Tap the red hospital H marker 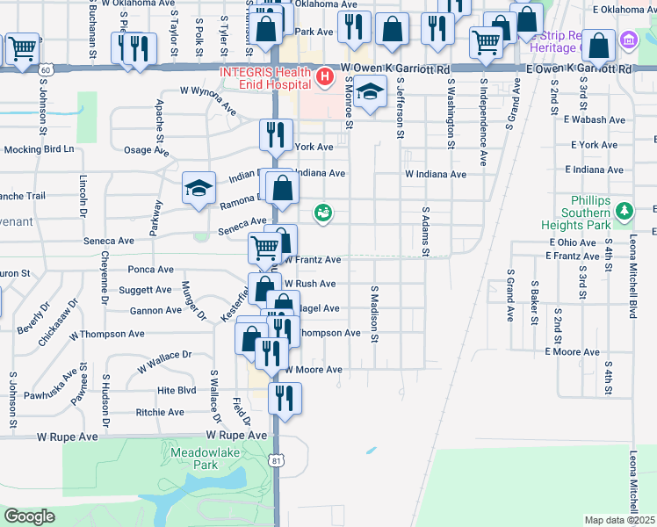(x=325, y=78)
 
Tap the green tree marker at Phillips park (x=624, y=212)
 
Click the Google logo (x=29, y=516)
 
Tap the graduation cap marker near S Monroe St (x=371, y=93)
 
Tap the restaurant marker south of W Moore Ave (x=284, y=397)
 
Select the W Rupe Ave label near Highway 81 (x=236, y=435)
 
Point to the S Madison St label (x=374, y=313)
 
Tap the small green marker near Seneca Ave (x=323, y=213)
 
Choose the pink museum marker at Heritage (x=628, y=40)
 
